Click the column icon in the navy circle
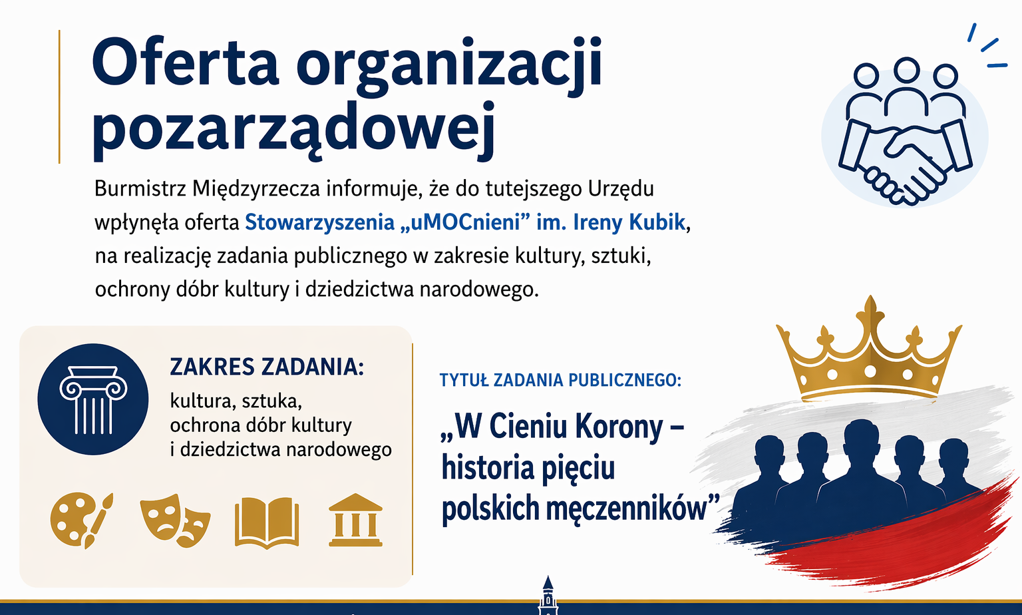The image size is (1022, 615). (93, 399)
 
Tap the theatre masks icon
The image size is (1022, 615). (175, 520)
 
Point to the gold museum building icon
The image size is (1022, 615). (355, 520)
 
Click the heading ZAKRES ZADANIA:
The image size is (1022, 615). (267, 367)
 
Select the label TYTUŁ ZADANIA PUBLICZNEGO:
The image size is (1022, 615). (560, 380)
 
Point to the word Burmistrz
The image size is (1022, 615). (140, 189)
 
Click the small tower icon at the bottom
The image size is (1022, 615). (548, 595)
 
